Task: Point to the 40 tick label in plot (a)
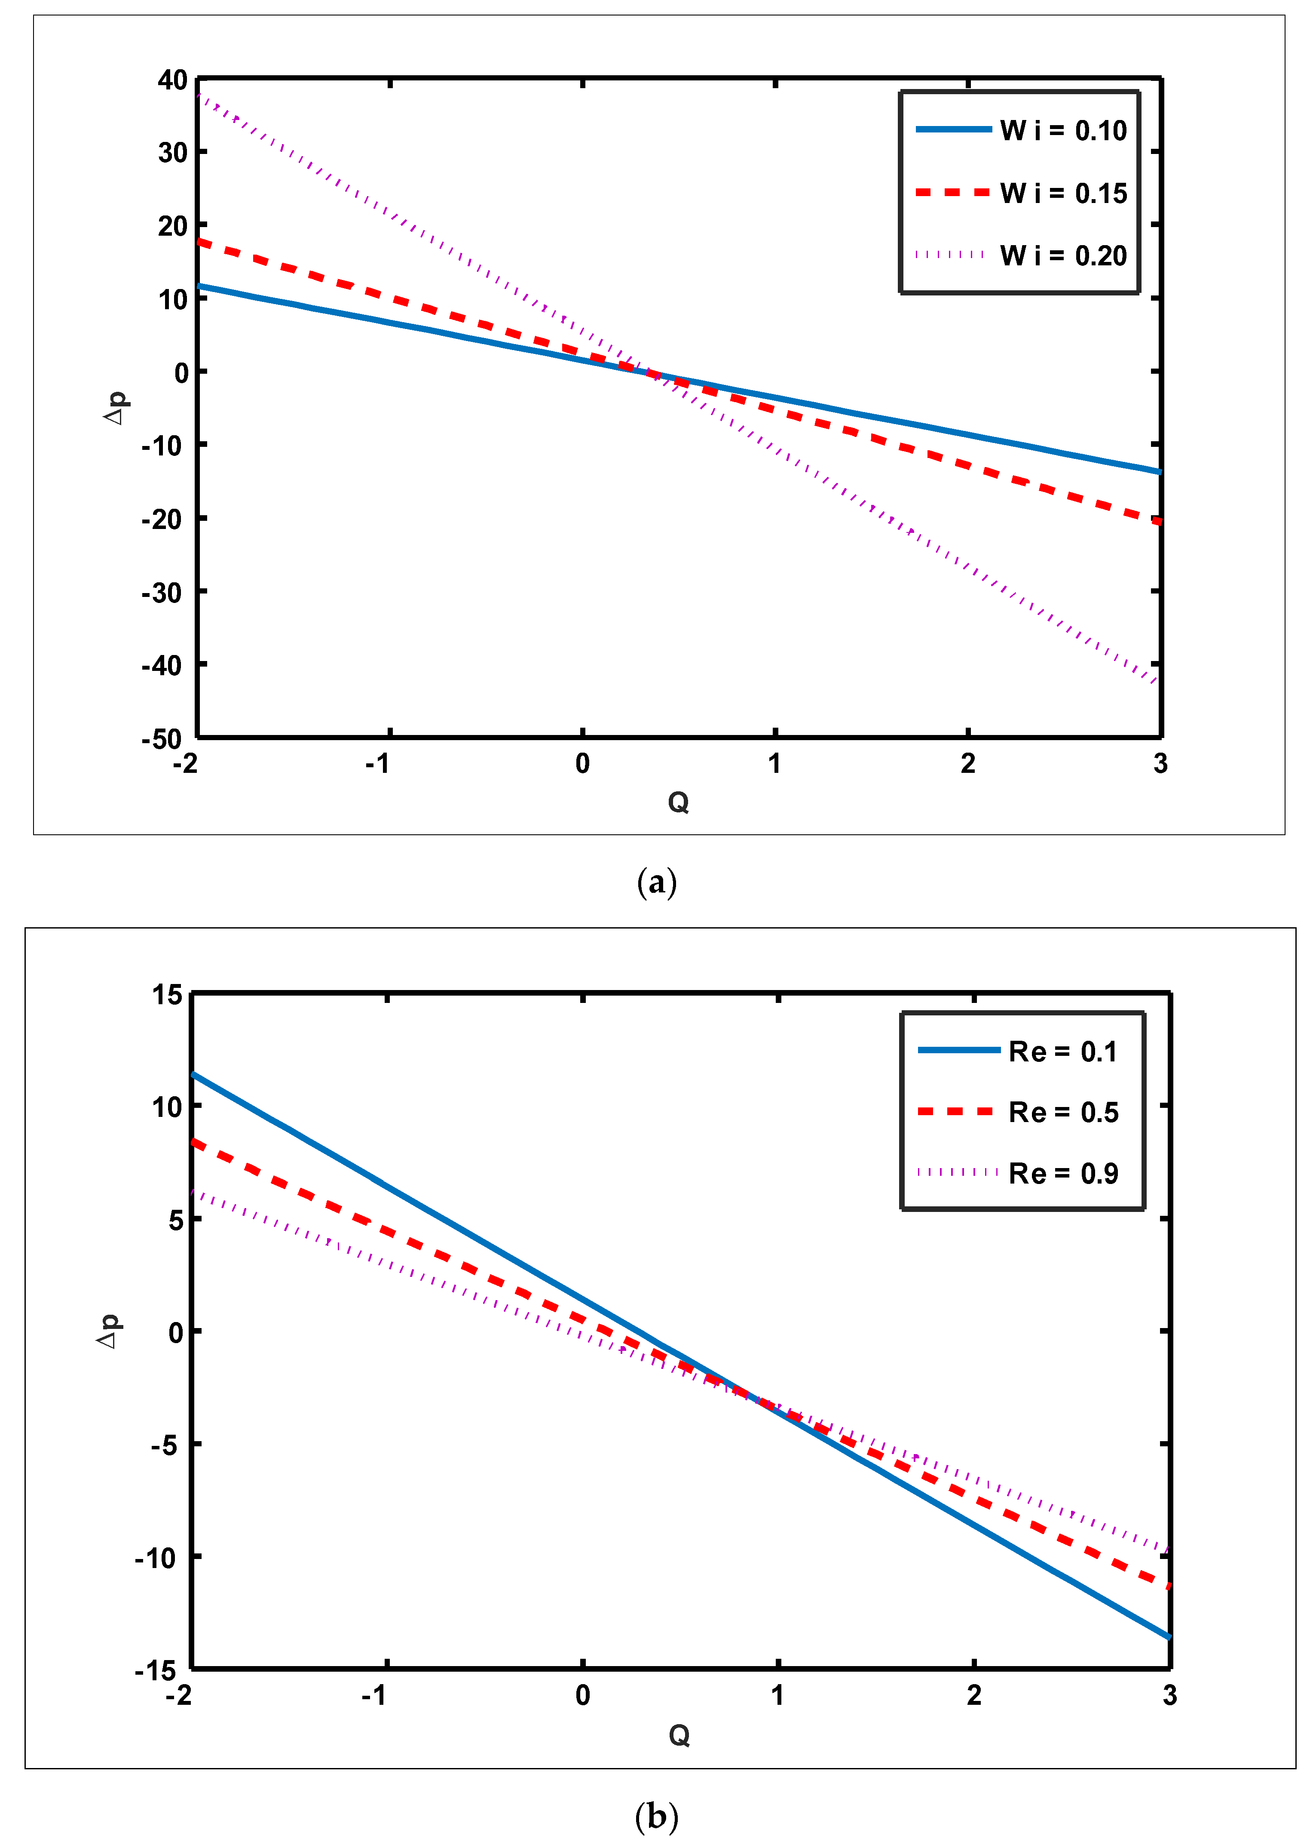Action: point(172,80)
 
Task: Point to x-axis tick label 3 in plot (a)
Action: point(1160,763)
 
